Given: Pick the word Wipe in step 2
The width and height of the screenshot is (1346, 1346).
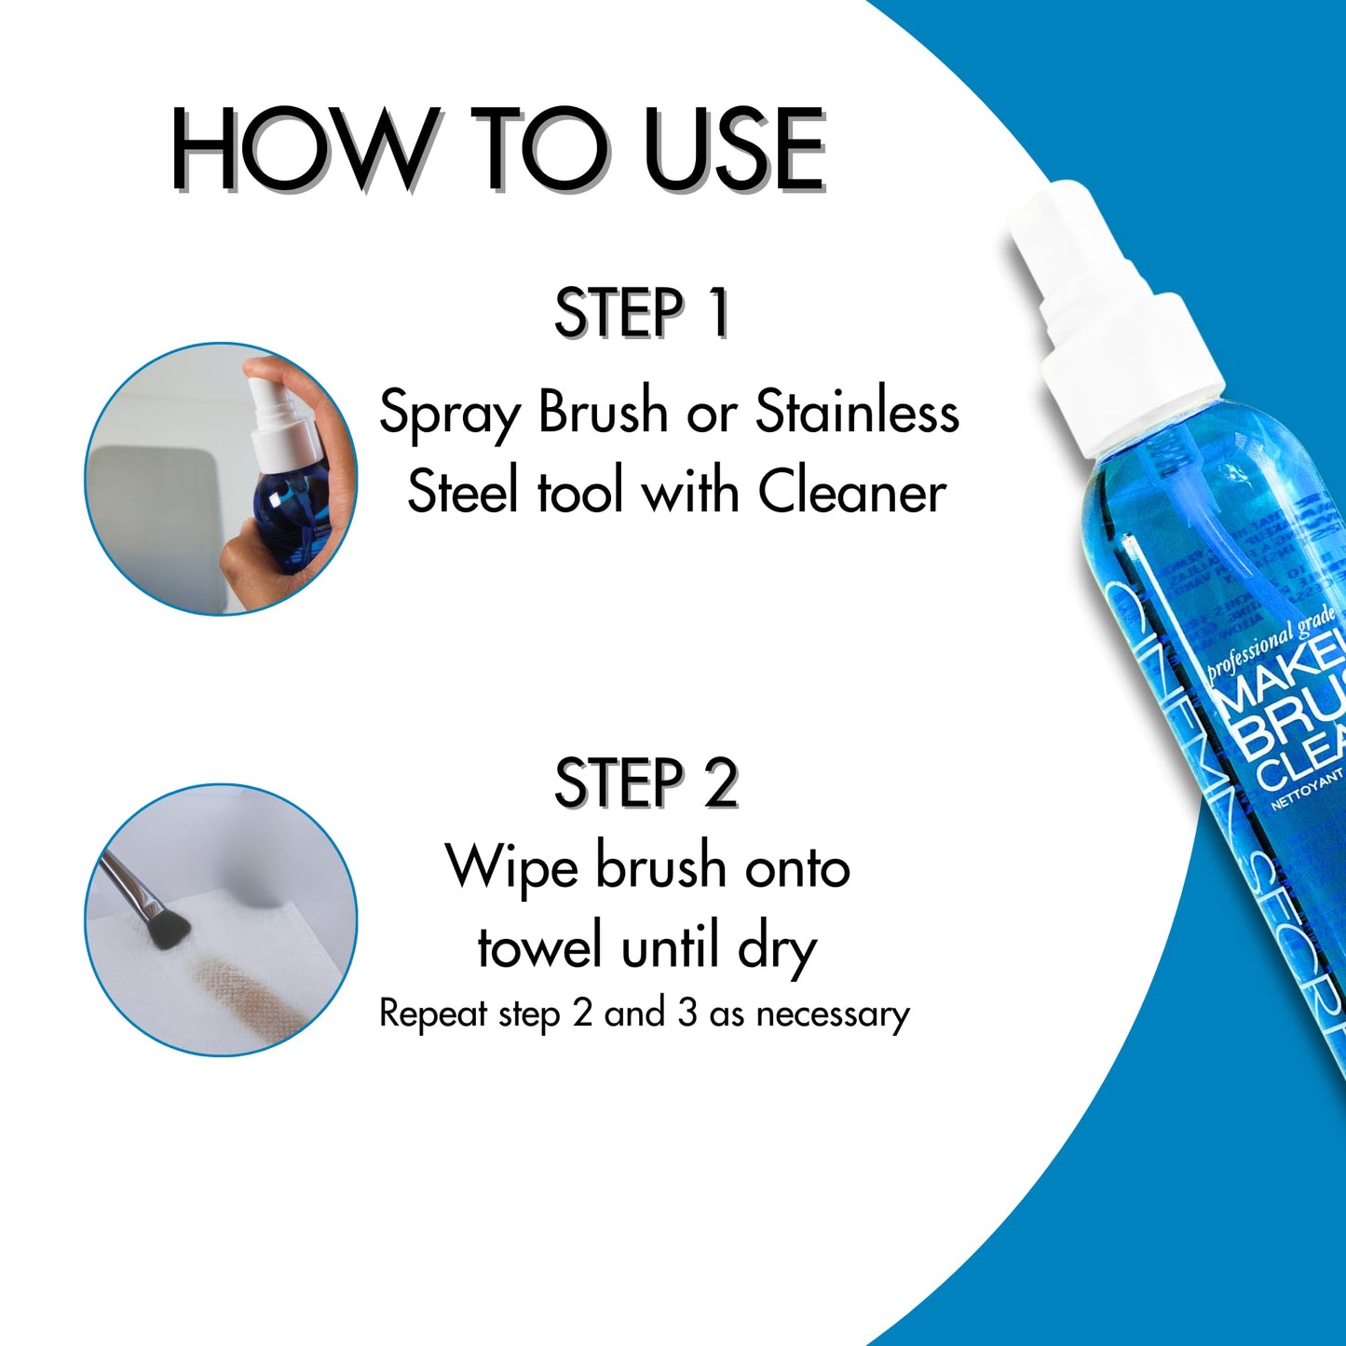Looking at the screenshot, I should [x=512, y=868].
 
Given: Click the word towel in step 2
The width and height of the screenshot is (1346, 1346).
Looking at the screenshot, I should [x=540, y=947].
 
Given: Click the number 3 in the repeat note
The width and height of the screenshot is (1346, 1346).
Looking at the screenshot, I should [x=687, y=1013].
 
